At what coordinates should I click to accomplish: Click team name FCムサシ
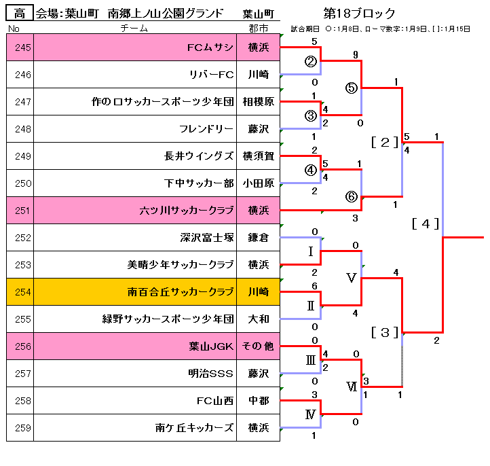(210, 48)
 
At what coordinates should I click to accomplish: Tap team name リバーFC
(212, 75)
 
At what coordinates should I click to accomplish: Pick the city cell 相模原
(259, 102)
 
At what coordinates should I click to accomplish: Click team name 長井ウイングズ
(199, 156)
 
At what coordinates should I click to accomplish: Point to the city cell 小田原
(259, 183)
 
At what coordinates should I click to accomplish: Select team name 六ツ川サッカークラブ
(187, 210)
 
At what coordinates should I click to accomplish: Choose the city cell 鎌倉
(259, 237)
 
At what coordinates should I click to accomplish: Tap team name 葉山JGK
(211, 346)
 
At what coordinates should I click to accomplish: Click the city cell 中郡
(259, 401)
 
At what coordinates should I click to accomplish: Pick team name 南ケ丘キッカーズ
(194, 428)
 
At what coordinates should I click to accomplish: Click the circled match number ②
(311, 61)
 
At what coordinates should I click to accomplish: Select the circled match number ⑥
(352, 197)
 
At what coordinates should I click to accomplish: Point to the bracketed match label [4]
(426, 224)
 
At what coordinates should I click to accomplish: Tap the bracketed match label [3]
(385, 332)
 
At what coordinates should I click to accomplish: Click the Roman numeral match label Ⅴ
(352, 278)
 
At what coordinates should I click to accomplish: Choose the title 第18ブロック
(360, 14)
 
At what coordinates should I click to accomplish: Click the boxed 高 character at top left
(20, 13)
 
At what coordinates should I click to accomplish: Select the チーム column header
(134, 29)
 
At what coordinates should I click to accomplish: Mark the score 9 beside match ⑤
(356, 55)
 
